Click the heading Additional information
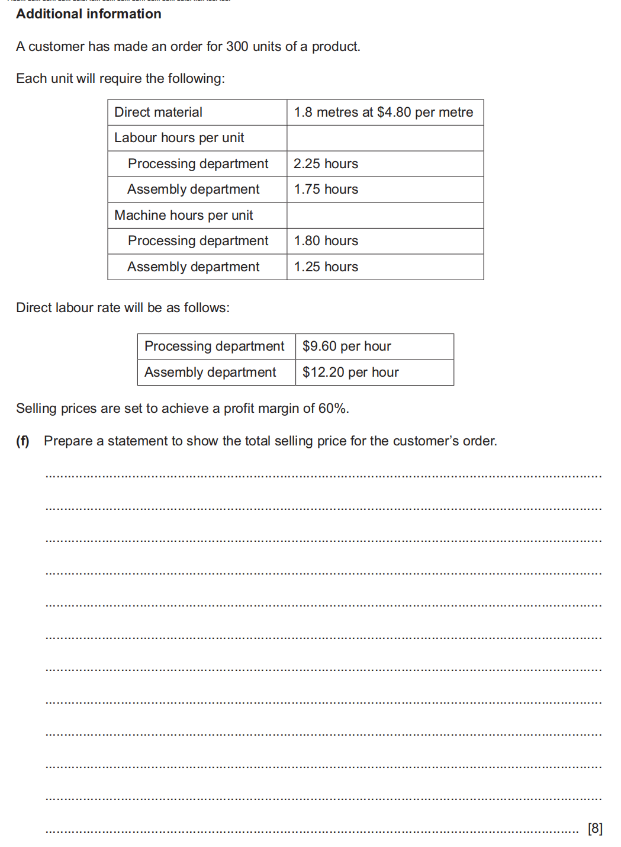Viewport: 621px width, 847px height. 89,14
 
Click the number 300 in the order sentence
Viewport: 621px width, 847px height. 237,46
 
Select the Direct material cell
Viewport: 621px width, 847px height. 158,112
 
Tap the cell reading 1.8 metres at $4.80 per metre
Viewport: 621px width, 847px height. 384,112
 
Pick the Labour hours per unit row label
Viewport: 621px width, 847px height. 179,138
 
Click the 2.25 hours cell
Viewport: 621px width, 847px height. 326,163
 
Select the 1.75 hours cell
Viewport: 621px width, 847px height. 326,190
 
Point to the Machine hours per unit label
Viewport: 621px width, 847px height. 184,215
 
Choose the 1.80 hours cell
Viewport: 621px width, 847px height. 326,241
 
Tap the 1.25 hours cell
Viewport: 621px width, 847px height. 326,267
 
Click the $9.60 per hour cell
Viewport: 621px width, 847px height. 346,346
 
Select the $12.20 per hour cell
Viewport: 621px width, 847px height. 350,373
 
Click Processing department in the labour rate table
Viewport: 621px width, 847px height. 214,346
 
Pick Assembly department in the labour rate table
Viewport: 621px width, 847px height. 210,373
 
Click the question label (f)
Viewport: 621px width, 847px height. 22,441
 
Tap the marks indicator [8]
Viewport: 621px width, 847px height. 595,828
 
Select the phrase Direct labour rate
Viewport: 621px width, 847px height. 67,308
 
